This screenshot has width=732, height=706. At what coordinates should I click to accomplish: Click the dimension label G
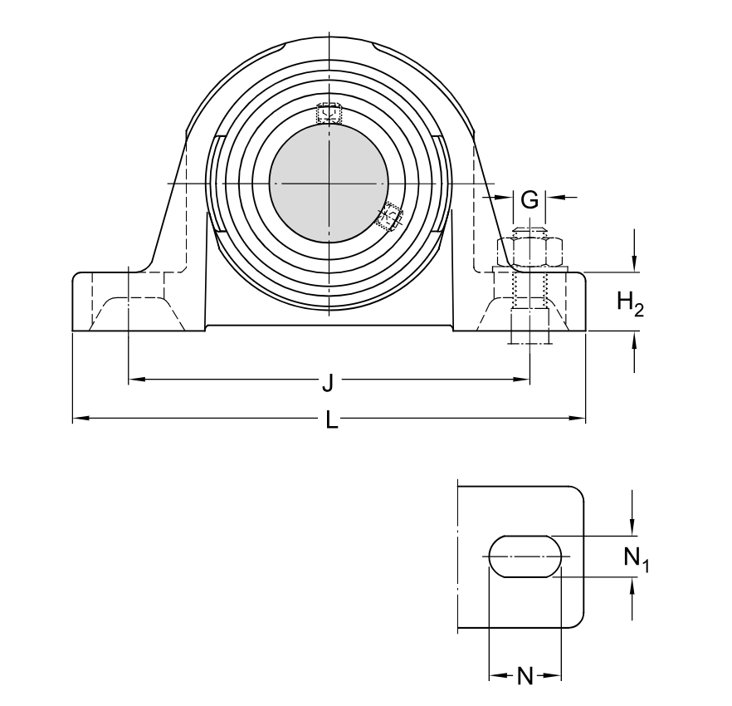(529, 199)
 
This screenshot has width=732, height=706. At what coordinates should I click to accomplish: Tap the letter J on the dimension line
(328, 382)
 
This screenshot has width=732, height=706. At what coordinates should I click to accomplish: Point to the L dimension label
(331, 421)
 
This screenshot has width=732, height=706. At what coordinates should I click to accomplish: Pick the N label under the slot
(525, 677)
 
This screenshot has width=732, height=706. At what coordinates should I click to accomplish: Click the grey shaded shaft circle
(329, 184)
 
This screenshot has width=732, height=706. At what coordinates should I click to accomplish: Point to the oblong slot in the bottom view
(525, 555)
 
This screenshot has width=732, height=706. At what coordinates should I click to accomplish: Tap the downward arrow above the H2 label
(635, 264)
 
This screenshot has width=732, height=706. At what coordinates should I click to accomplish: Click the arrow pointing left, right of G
(553, 197)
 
